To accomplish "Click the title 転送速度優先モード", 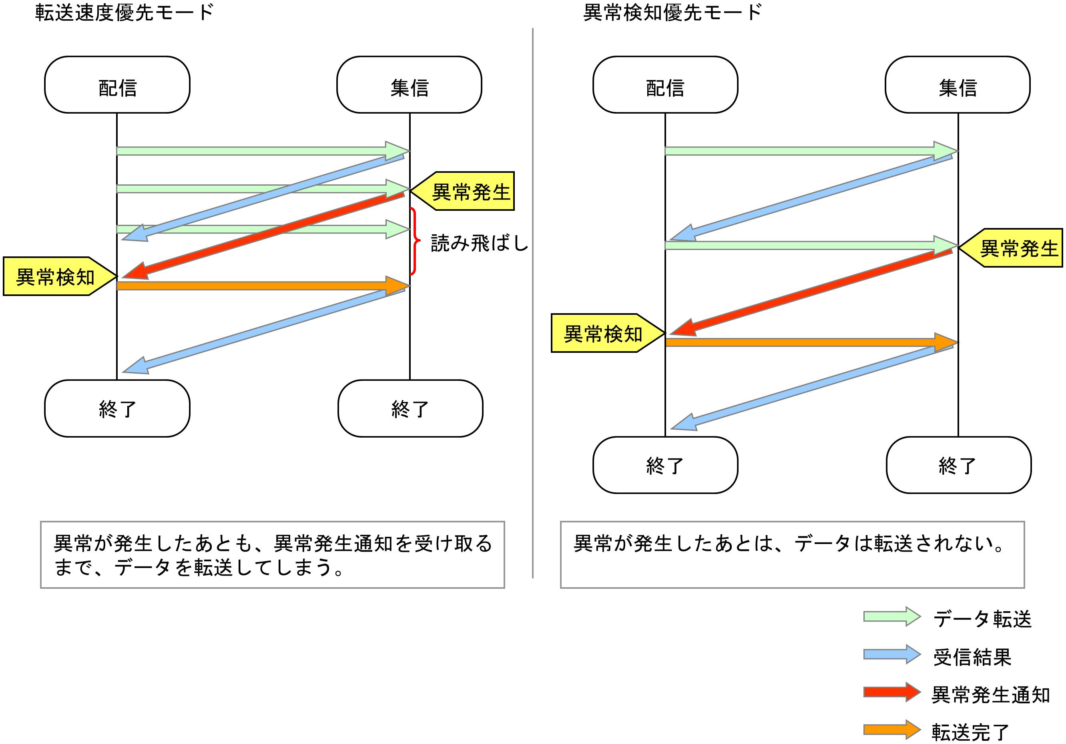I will click(x=124, y=12).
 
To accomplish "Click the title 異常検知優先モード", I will click(x=672, y=12).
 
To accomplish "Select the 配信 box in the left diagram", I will click(x=117, y=85).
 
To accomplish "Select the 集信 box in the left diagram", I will click(x=409, y=85).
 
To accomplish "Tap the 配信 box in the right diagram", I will click(x=665, y=85).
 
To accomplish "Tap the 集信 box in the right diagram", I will click(x=958, y=85).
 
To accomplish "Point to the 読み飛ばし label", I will click(x=480, y=242).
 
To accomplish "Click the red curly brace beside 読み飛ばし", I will click(x=415, y=241).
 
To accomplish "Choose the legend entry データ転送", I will click(x=982, y=619).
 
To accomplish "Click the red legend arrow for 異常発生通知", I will click(x=891, y=692).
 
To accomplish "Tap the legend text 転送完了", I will click(x=970, y=732).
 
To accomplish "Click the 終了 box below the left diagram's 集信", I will click(x=410, y=409).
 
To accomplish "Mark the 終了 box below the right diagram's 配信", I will click(x=665, y=465).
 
